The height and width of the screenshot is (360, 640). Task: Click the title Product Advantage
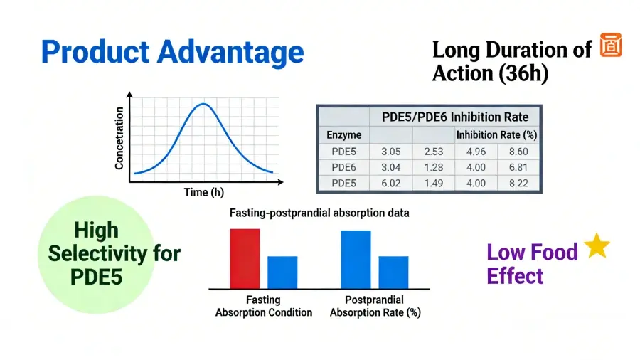[x=172, y=53]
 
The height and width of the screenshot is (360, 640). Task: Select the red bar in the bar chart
[x=245, y=258]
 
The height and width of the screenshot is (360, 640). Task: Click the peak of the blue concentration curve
[x=203, y=105]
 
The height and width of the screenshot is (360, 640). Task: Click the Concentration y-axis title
[x=119, y=138]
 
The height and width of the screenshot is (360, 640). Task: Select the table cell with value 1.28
[x=433, y=166]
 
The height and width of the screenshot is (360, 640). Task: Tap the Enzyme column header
[x=343, y=134]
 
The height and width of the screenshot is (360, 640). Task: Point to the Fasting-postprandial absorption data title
[x=319, y=213]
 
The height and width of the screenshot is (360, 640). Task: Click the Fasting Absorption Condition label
[x=264, y=306]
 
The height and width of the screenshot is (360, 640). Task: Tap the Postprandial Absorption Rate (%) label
[x=374, y=306]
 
